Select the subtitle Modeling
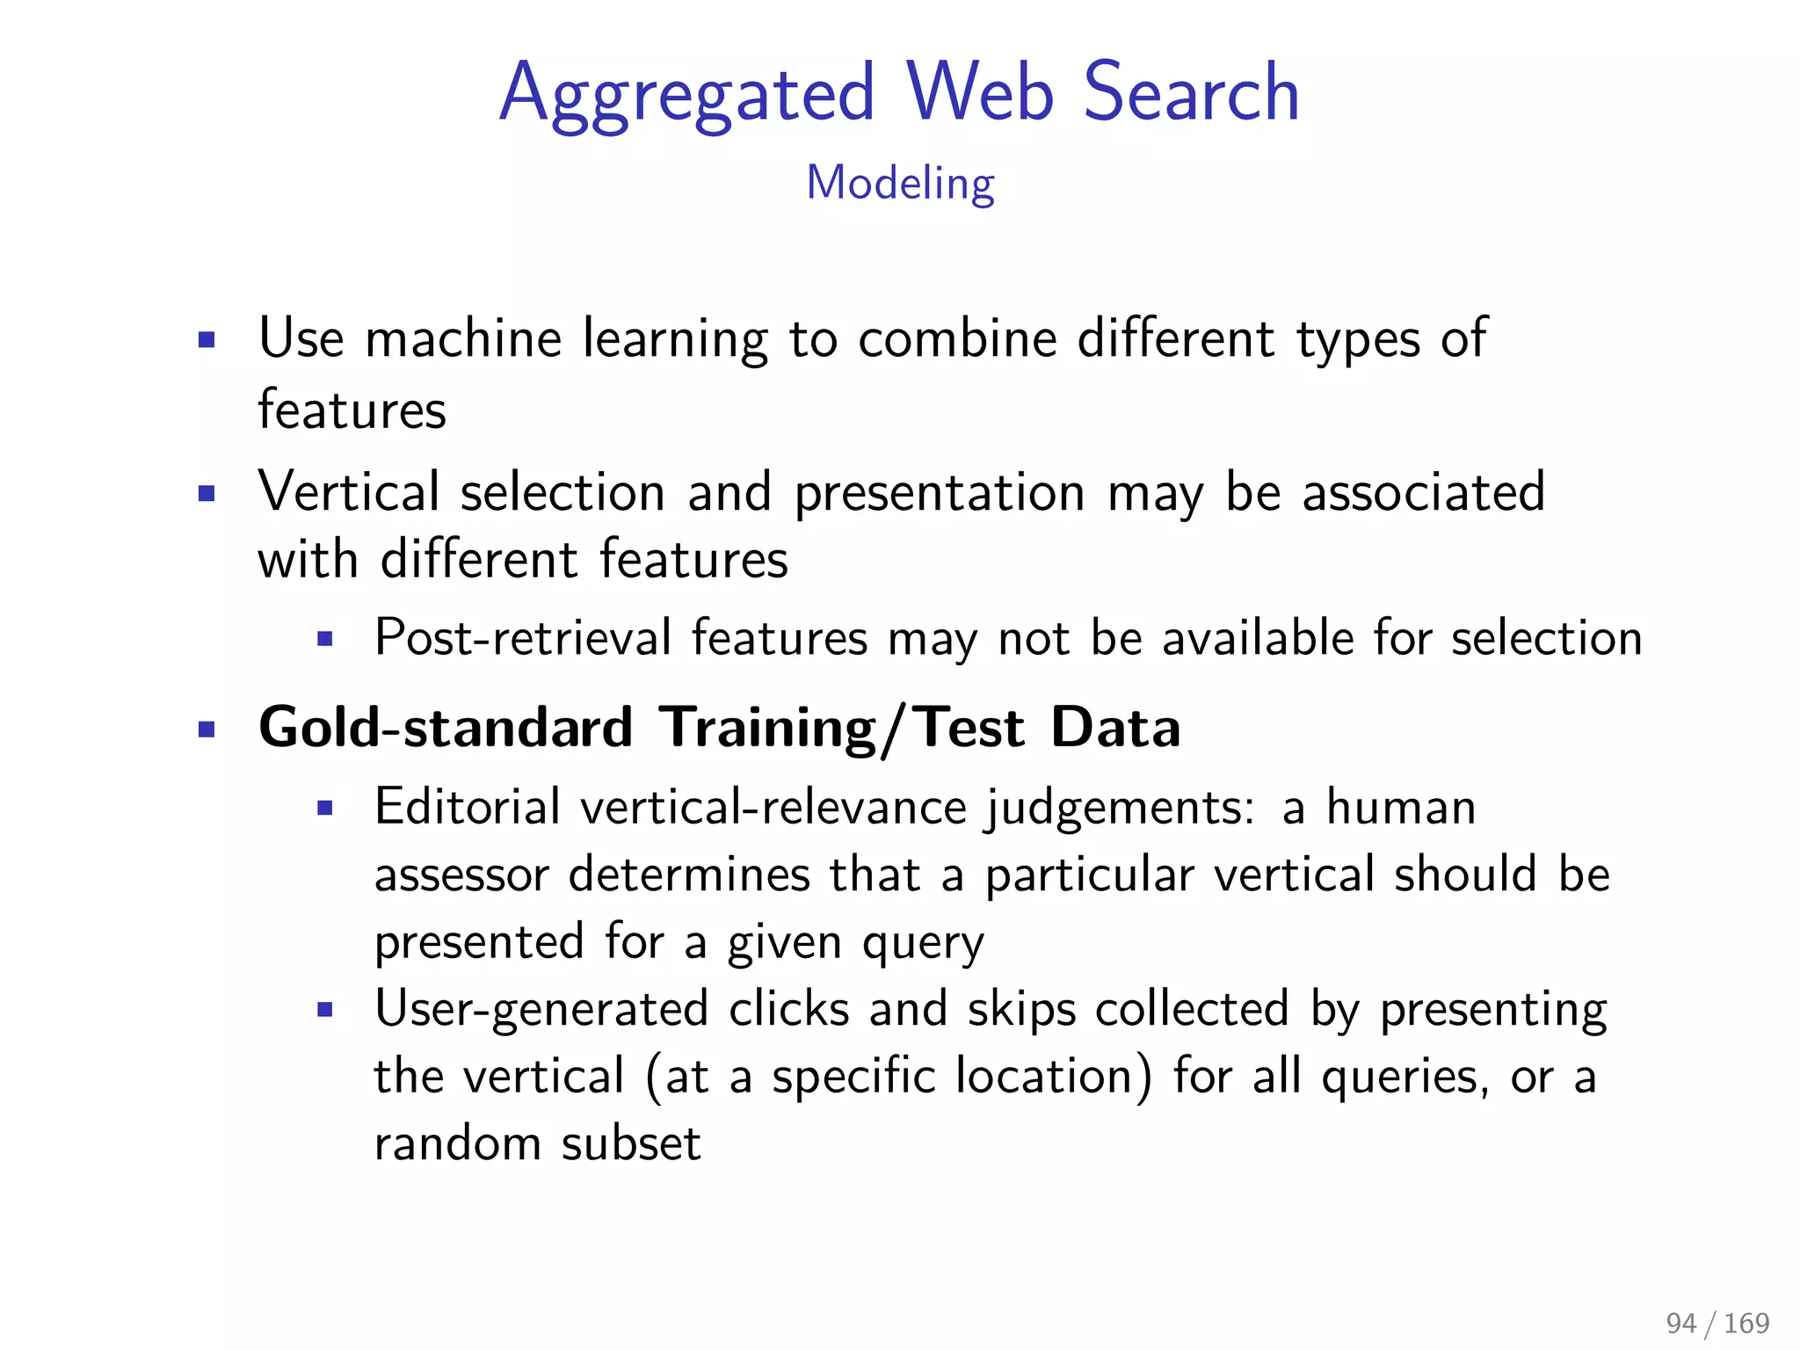coord(900,184)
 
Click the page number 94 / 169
coord(1717,1323)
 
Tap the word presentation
coord(940,494)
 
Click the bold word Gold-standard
coord(446,728)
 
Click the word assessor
coord(461,875)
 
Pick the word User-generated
coord(541,1010)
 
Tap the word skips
coord(1021,1010)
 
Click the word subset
coord(631,1144)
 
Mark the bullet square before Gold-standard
coord(207,729)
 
